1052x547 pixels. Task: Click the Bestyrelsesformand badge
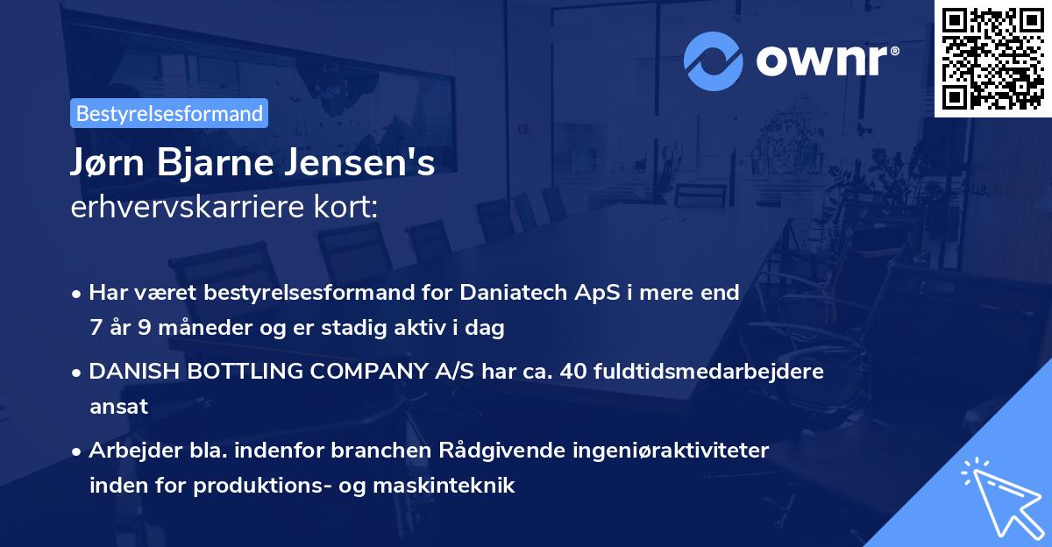coord(169,113)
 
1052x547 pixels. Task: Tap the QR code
coord(992,58)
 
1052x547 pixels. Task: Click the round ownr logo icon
coord(714,60)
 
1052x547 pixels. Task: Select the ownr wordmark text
coord(826,60)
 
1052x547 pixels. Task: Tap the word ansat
coord(118,407)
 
